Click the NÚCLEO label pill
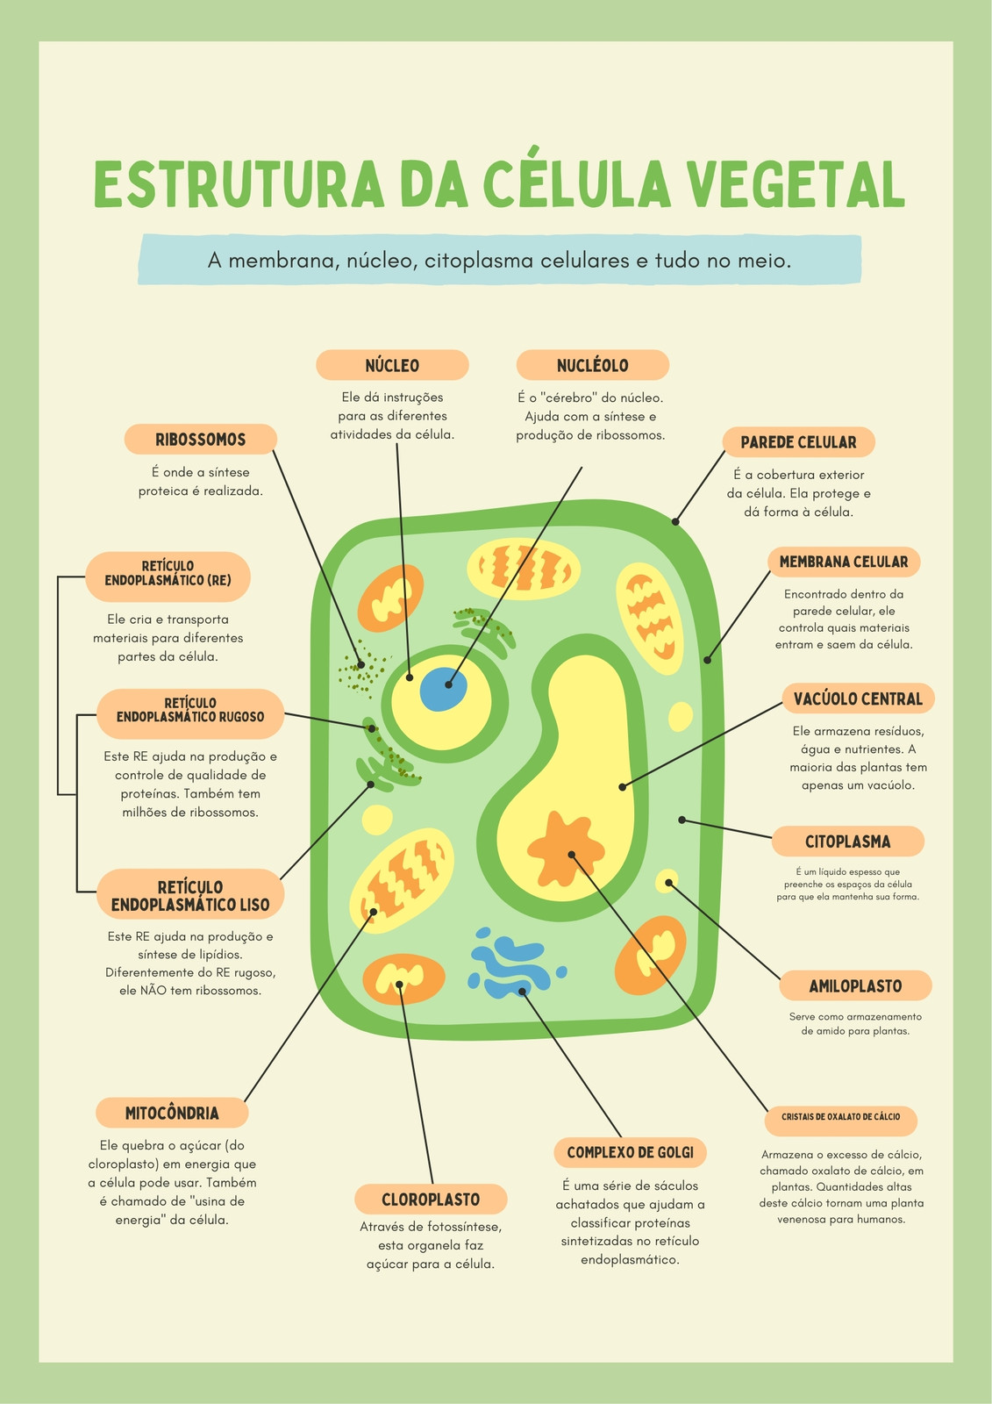point(392,365)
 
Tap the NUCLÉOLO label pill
point(592,365)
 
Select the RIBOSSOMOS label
point(201,439)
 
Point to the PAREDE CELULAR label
point(798,442)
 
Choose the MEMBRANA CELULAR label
point(844,562)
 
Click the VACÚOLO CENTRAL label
point(858,698)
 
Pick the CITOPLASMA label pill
point(847,842)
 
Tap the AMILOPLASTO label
point(855,985)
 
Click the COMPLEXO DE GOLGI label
point(630,1152)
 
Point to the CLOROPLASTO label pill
point(431,1199)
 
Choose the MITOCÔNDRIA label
point(172,1113)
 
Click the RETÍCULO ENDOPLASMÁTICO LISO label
point(189,894)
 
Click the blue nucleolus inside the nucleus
point(443,689)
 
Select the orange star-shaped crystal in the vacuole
point(565,849)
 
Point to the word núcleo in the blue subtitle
point(382,260)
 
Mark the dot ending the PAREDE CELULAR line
point(675,521)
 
